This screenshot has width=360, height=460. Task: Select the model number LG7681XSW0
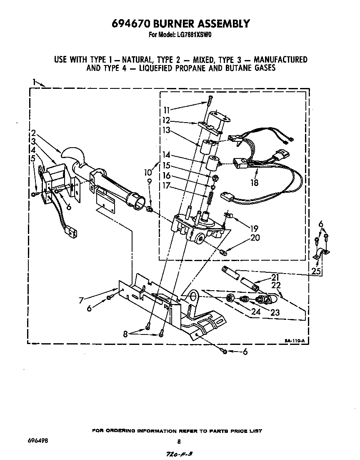(192, 35)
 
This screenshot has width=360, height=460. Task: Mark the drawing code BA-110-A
(295, 341)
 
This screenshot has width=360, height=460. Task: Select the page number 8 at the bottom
(179, 442)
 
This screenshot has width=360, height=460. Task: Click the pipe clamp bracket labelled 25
(321, 252)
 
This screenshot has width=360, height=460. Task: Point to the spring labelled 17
(211, 193)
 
